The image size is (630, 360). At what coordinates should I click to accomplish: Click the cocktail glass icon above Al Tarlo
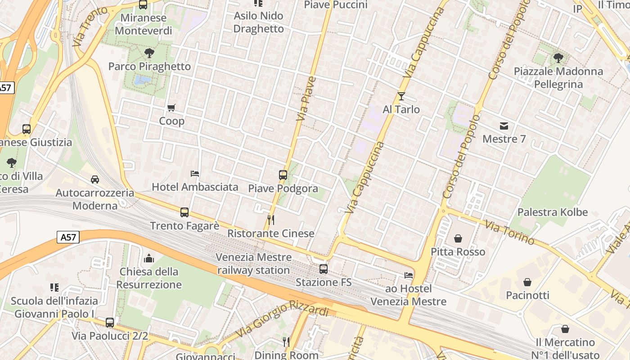tap(401, 96)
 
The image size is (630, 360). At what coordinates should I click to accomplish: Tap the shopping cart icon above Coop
tap(171, 108)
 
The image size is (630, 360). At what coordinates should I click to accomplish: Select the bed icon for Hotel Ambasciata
tap(195, 173)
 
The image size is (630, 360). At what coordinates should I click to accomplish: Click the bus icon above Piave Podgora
tap(283, 175)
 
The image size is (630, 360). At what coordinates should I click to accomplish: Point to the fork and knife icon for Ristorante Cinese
tap(271, 220)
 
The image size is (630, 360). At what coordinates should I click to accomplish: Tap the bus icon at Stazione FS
tap(324, 269)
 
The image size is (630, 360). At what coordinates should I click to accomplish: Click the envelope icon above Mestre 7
tap(504, 126)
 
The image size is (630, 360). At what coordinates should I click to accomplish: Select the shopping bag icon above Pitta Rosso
tap(458, 238)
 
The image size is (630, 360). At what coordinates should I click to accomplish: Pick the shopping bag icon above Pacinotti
tap(527, 282)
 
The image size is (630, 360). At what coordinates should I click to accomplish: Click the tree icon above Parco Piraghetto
tap(149, 53)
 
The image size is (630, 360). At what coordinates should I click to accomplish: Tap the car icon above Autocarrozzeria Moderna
tap(95, 180)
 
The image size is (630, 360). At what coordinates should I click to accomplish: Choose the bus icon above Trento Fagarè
tap(184, 212)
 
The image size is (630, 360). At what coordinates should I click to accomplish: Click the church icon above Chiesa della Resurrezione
tap(149, 258)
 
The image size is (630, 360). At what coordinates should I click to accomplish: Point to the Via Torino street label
tap(510, 232)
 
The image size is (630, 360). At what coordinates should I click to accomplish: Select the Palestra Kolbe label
tap(553, 212)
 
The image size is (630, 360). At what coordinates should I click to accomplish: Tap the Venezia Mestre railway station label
tap(254, 264)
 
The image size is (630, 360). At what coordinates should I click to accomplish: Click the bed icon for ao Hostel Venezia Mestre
tap(409, 275)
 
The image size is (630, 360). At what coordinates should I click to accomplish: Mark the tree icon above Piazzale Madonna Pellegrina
tap(558, 58)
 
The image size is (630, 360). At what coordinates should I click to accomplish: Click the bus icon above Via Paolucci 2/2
tap(110, 323)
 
